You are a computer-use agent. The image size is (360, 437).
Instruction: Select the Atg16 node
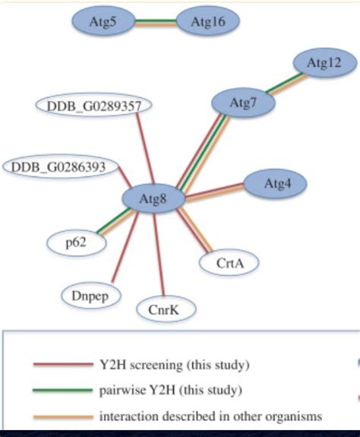pos(207,23)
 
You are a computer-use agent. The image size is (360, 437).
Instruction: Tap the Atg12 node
pos(324,63)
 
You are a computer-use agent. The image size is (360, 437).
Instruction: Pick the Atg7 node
pos(242,103)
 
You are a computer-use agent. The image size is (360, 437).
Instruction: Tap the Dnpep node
pos(90,295)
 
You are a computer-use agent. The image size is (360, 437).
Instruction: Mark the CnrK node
pos(166,309)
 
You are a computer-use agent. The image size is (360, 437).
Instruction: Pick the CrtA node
pos(229,263)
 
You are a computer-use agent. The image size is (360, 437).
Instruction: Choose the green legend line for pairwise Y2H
pos(62,391)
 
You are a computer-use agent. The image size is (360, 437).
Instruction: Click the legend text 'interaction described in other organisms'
pos(210,416)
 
